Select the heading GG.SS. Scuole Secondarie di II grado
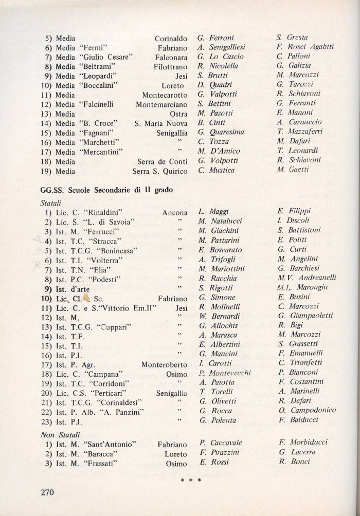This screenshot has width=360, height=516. tap(106, 190)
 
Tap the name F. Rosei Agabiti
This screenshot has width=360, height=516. tap(305, 47)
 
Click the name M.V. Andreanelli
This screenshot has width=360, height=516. tap(307, 278)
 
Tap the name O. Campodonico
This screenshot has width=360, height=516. tap(306, 410)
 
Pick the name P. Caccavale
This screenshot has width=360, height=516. tap(220, 443)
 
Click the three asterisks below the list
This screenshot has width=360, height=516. tap(190, 481)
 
